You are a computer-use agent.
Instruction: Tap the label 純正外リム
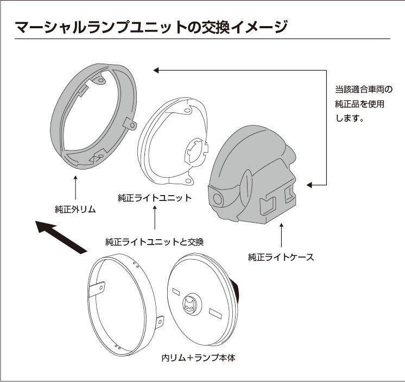click(75, 209)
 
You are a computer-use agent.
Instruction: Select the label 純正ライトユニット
click(155, 198)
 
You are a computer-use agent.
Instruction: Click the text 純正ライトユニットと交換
click(155, 241)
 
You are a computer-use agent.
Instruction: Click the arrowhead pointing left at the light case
click(310, 185)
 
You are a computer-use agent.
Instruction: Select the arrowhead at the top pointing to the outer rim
click(156, 70)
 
